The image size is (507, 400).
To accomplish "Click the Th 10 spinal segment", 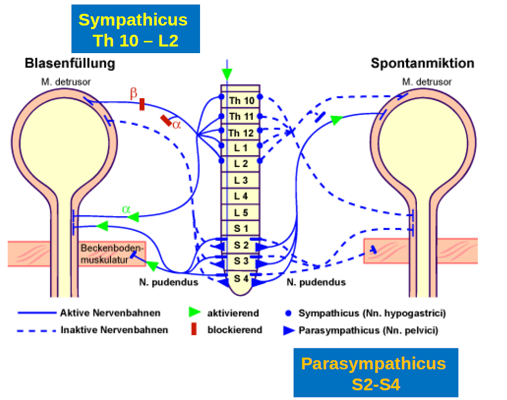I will pos(241,101).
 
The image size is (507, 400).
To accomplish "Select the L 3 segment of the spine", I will pos(241,180).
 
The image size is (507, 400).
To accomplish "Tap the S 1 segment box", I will pos(241,228).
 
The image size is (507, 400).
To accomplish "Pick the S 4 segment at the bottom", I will pos(241,279).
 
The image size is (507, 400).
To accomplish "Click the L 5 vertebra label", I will pos(241,213).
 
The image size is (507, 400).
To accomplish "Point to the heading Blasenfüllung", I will pos(70,63).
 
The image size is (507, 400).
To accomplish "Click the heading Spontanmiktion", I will pos(423,63).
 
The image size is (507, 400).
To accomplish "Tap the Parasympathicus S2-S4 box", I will pos(376,372).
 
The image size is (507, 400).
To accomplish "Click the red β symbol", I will pos(134,93).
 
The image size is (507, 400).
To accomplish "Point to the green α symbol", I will pos(126,209).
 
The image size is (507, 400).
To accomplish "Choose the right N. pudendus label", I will pos(316,282).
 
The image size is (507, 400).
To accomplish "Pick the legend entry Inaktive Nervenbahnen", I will pos(114,330).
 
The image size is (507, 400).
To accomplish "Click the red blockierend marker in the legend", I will pos(194,330).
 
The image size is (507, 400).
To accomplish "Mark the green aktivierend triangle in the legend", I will pos(194,313).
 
